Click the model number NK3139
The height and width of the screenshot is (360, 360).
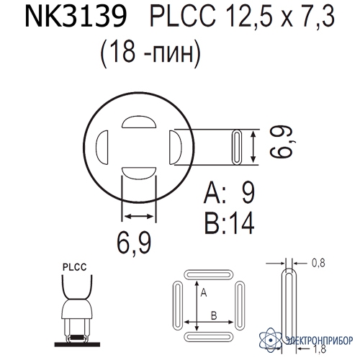tap(76, 17)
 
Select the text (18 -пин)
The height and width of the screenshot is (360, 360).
tap(150, 53)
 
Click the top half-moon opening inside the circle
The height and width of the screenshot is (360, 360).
tap(139, 122)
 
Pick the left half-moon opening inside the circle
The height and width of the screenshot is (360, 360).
tap(102, 148)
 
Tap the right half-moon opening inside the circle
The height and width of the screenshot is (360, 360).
tap(176, 148)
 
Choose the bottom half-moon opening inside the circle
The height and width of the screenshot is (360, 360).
tap(139, 173)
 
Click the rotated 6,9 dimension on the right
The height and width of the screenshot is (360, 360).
tap(282, 143)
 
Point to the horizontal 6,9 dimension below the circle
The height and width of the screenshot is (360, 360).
tap(134, 243)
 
